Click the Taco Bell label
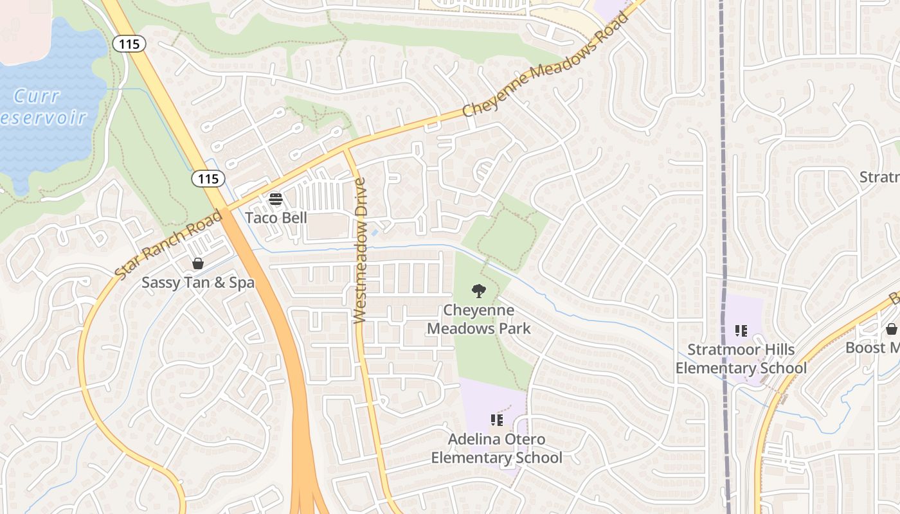(x=276, y=218)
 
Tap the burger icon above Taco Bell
(x=276, y=199)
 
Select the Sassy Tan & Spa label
(x=198, y=283)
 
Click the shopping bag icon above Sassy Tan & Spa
(x=198, y=263)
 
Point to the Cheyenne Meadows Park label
(x=479, y=319)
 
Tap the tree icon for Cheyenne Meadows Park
(x=478, y=291)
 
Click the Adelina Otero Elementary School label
(x=496, y=448)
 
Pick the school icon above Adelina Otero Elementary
(x=496, y=420)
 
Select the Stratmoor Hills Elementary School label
(x=741, y=359)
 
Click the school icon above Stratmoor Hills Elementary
(x=741, y=331)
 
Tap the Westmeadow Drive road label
(x=360, y=251)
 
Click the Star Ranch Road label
(x=168, y=244)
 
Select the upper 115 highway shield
(x=129, y=44)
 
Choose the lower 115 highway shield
(x=208, y=179)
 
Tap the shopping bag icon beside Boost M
(x=891, y=329)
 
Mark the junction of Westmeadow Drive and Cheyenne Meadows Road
(x=347, y=149)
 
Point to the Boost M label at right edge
(x=873, y=348)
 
